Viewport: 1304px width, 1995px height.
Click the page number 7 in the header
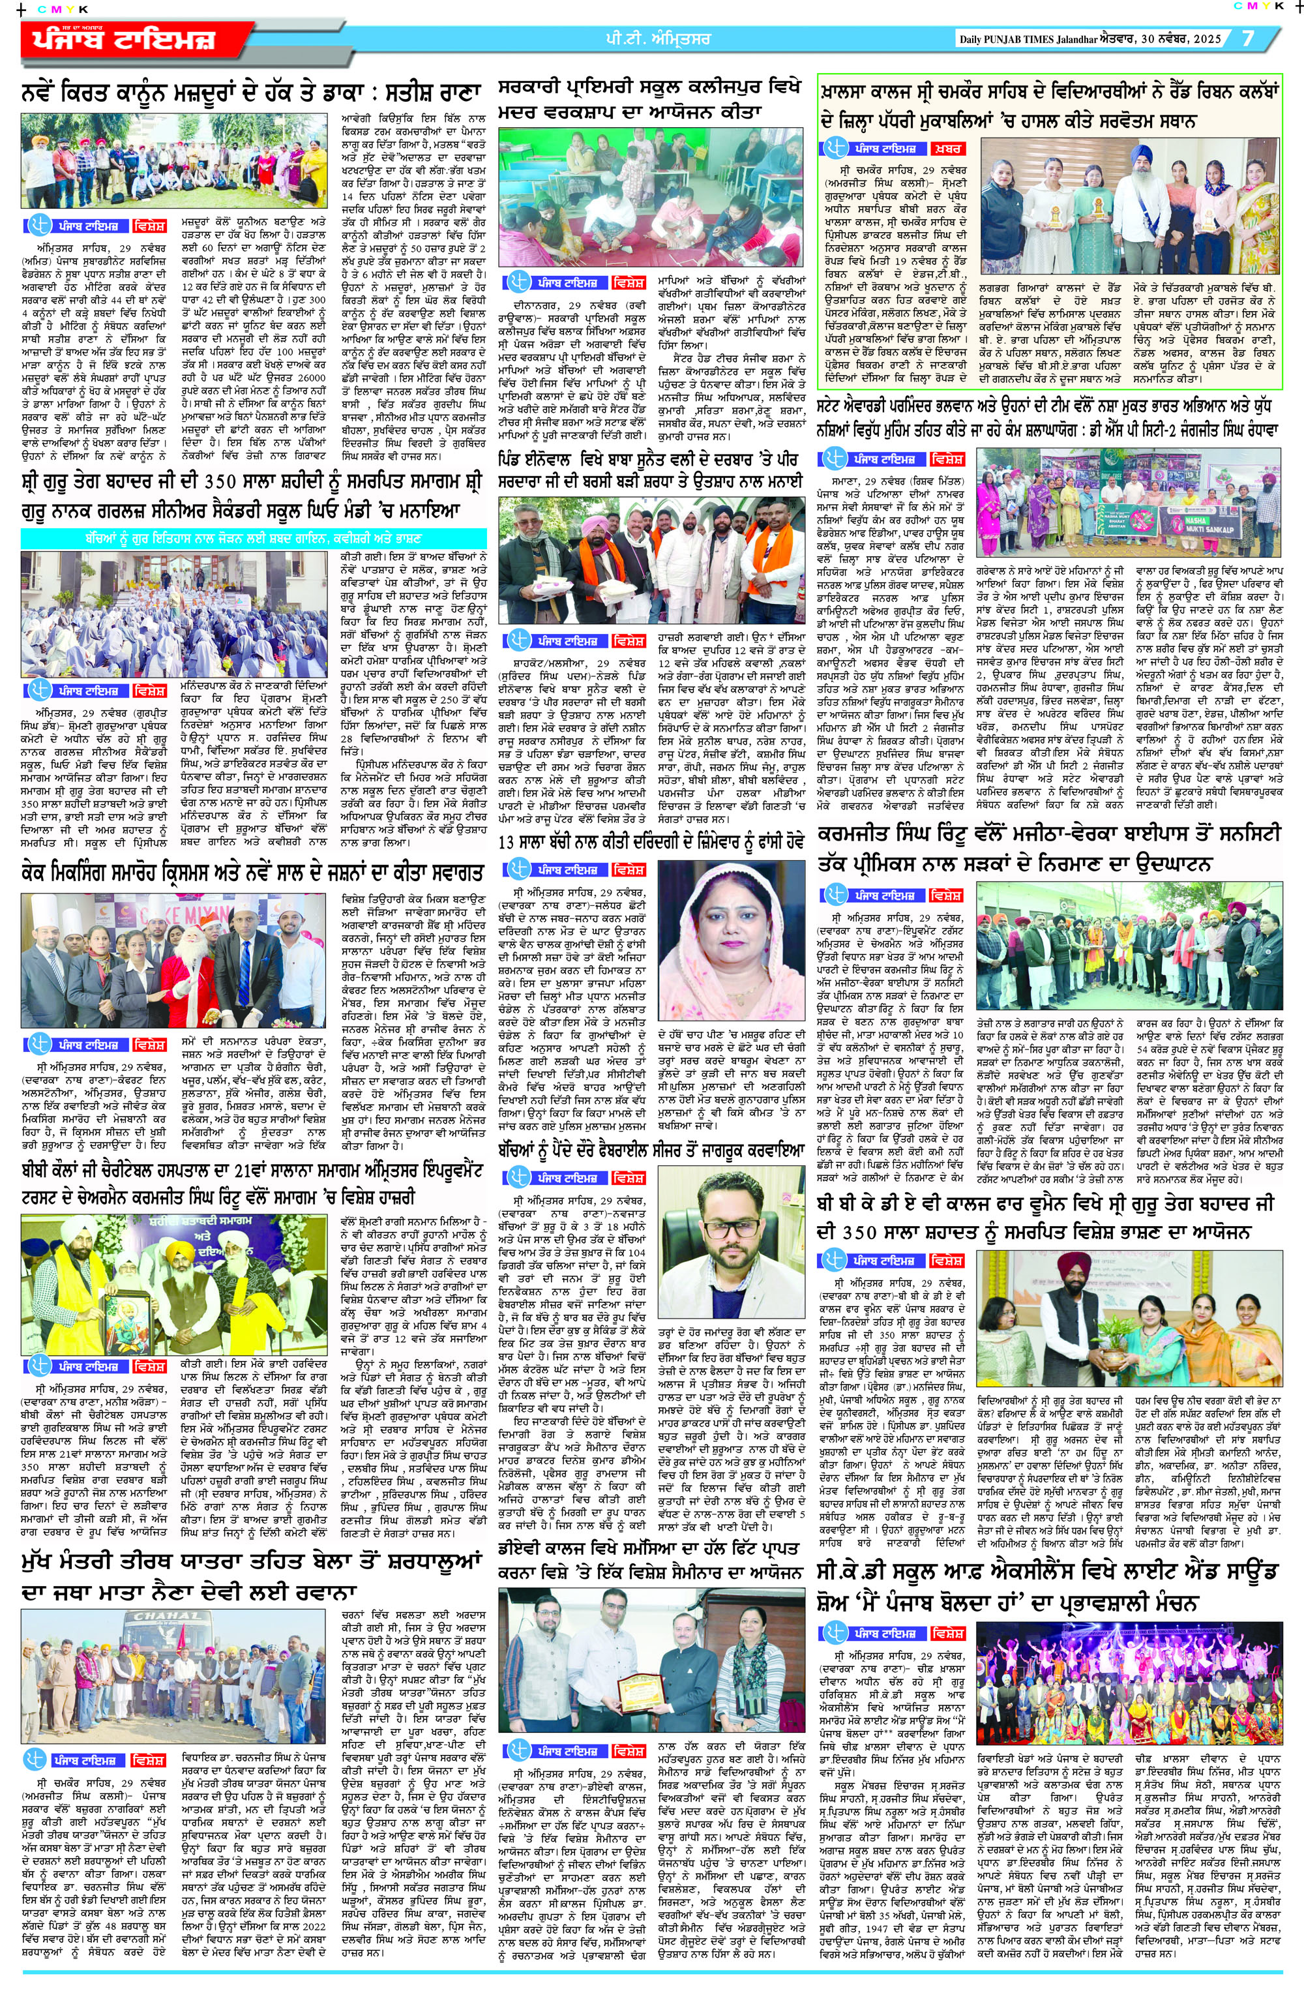[x=1248, y=38]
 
